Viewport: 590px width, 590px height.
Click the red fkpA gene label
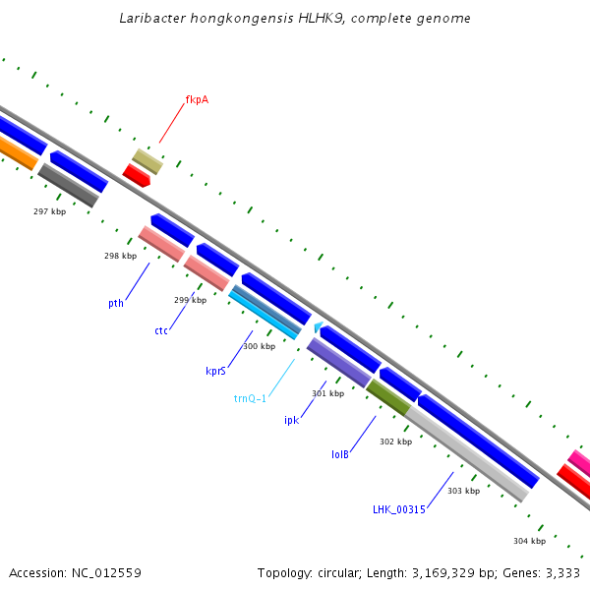tap(197, 99)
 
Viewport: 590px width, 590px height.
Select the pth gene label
tap(116, 304)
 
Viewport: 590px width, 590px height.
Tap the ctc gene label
tap(161, 330)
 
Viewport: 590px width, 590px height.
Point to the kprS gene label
tap(216, 371)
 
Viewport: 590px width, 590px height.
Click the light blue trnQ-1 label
tap(250, 398)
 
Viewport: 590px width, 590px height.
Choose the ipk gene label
tap(291, 420)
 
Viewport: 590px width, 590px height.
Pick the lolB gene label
tap(340, 455)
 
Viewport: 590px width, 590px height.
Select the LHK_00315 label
tap(398, 509)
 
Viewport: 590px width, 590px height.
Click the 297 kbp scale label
tap(49, 211)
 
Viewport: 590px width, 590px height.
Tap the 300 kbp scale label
tap(259, 346)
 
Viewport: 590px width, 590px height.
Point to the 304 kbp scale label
tap(529, 541)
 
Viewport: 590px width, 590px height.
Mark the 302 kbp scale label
tap(395, 442)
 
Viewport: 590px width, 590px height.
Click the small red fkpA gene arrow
tap(136, 175)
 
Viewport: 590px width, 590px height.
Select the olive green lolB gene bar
tap(387, 396)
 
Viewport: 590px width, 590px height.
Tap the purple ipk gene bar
tap(339, 362)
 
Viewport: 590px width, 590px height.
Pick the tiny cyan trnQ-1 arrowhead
tap(318, 326)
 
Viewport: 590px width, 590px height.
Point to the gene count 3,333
tap(562, 572)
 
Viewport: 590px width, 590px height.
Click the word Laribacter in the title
tap(151, 19)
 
